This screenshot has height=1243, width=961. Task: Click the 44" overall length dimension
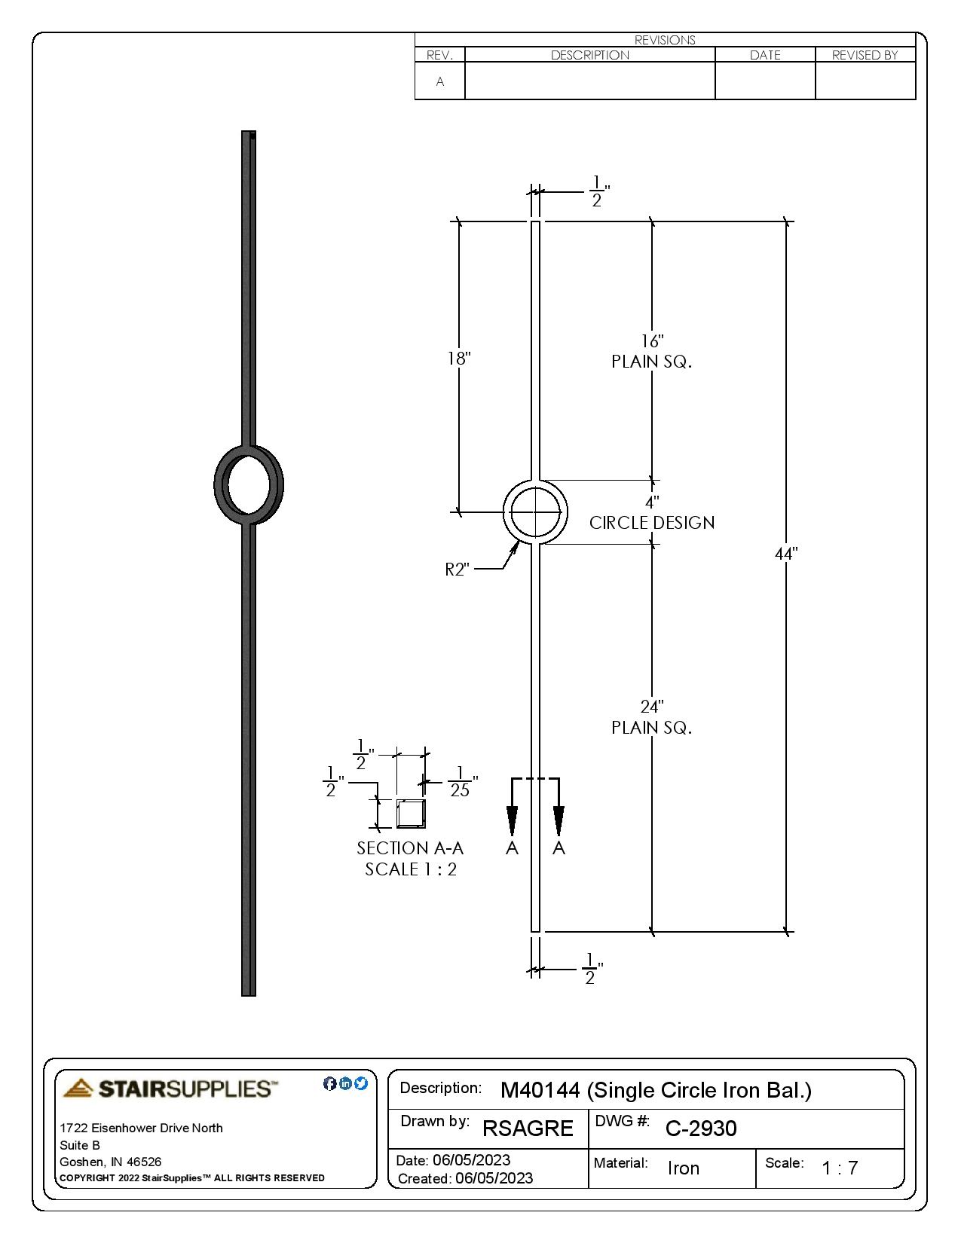pyautogui.click(x=786, y=554)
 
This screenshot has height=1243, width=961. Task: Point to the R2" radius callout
pyautogui.click(x=458, y=570)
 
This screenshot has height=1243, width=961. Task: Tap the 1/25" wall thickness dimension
pyautogui.click(x=460, y=782)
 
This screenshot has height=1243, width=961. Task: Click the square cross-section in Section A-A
pyautogui.click(x=411, y=814)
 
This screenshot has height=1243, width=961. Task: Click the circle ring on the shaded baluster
pyautogui.click(x=249, y=483)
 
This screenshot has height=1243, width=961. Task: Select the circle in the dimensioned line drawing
pyautogui.click(x=535, y=512)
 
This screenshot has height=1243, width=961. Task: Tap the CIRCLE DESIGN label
pyautogui.click(x=652, y=523)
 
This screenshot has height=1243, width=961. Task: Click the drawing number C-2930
pyautogui.click(x=701, y=1128)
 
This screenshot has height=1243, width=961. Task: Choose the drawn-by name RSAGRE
pyautogui.click(x=528, y=1128)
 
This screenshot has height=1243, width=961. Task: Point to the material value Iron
pyautogui.click(x=684, y=1168)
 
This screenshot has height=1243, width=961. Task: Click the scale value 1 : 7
pyautogui.click(x=840, y=1168)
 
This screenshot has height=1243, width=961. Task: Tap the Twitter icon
pyautogui.click(x=361, y=1083)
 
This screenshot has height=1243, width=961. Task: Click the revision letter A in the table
pyautogui.click(x=440, y=81)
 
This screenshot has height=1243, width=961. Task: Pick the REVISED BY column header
pyautogui.click(x=865, y=55)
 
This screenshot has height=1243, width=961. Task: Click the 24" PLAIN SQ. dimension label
pyautogui.click(x=652, y=717)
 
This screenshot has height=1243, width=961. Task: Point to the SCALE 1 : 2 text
pyautogui.click(x=411, y=869)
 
